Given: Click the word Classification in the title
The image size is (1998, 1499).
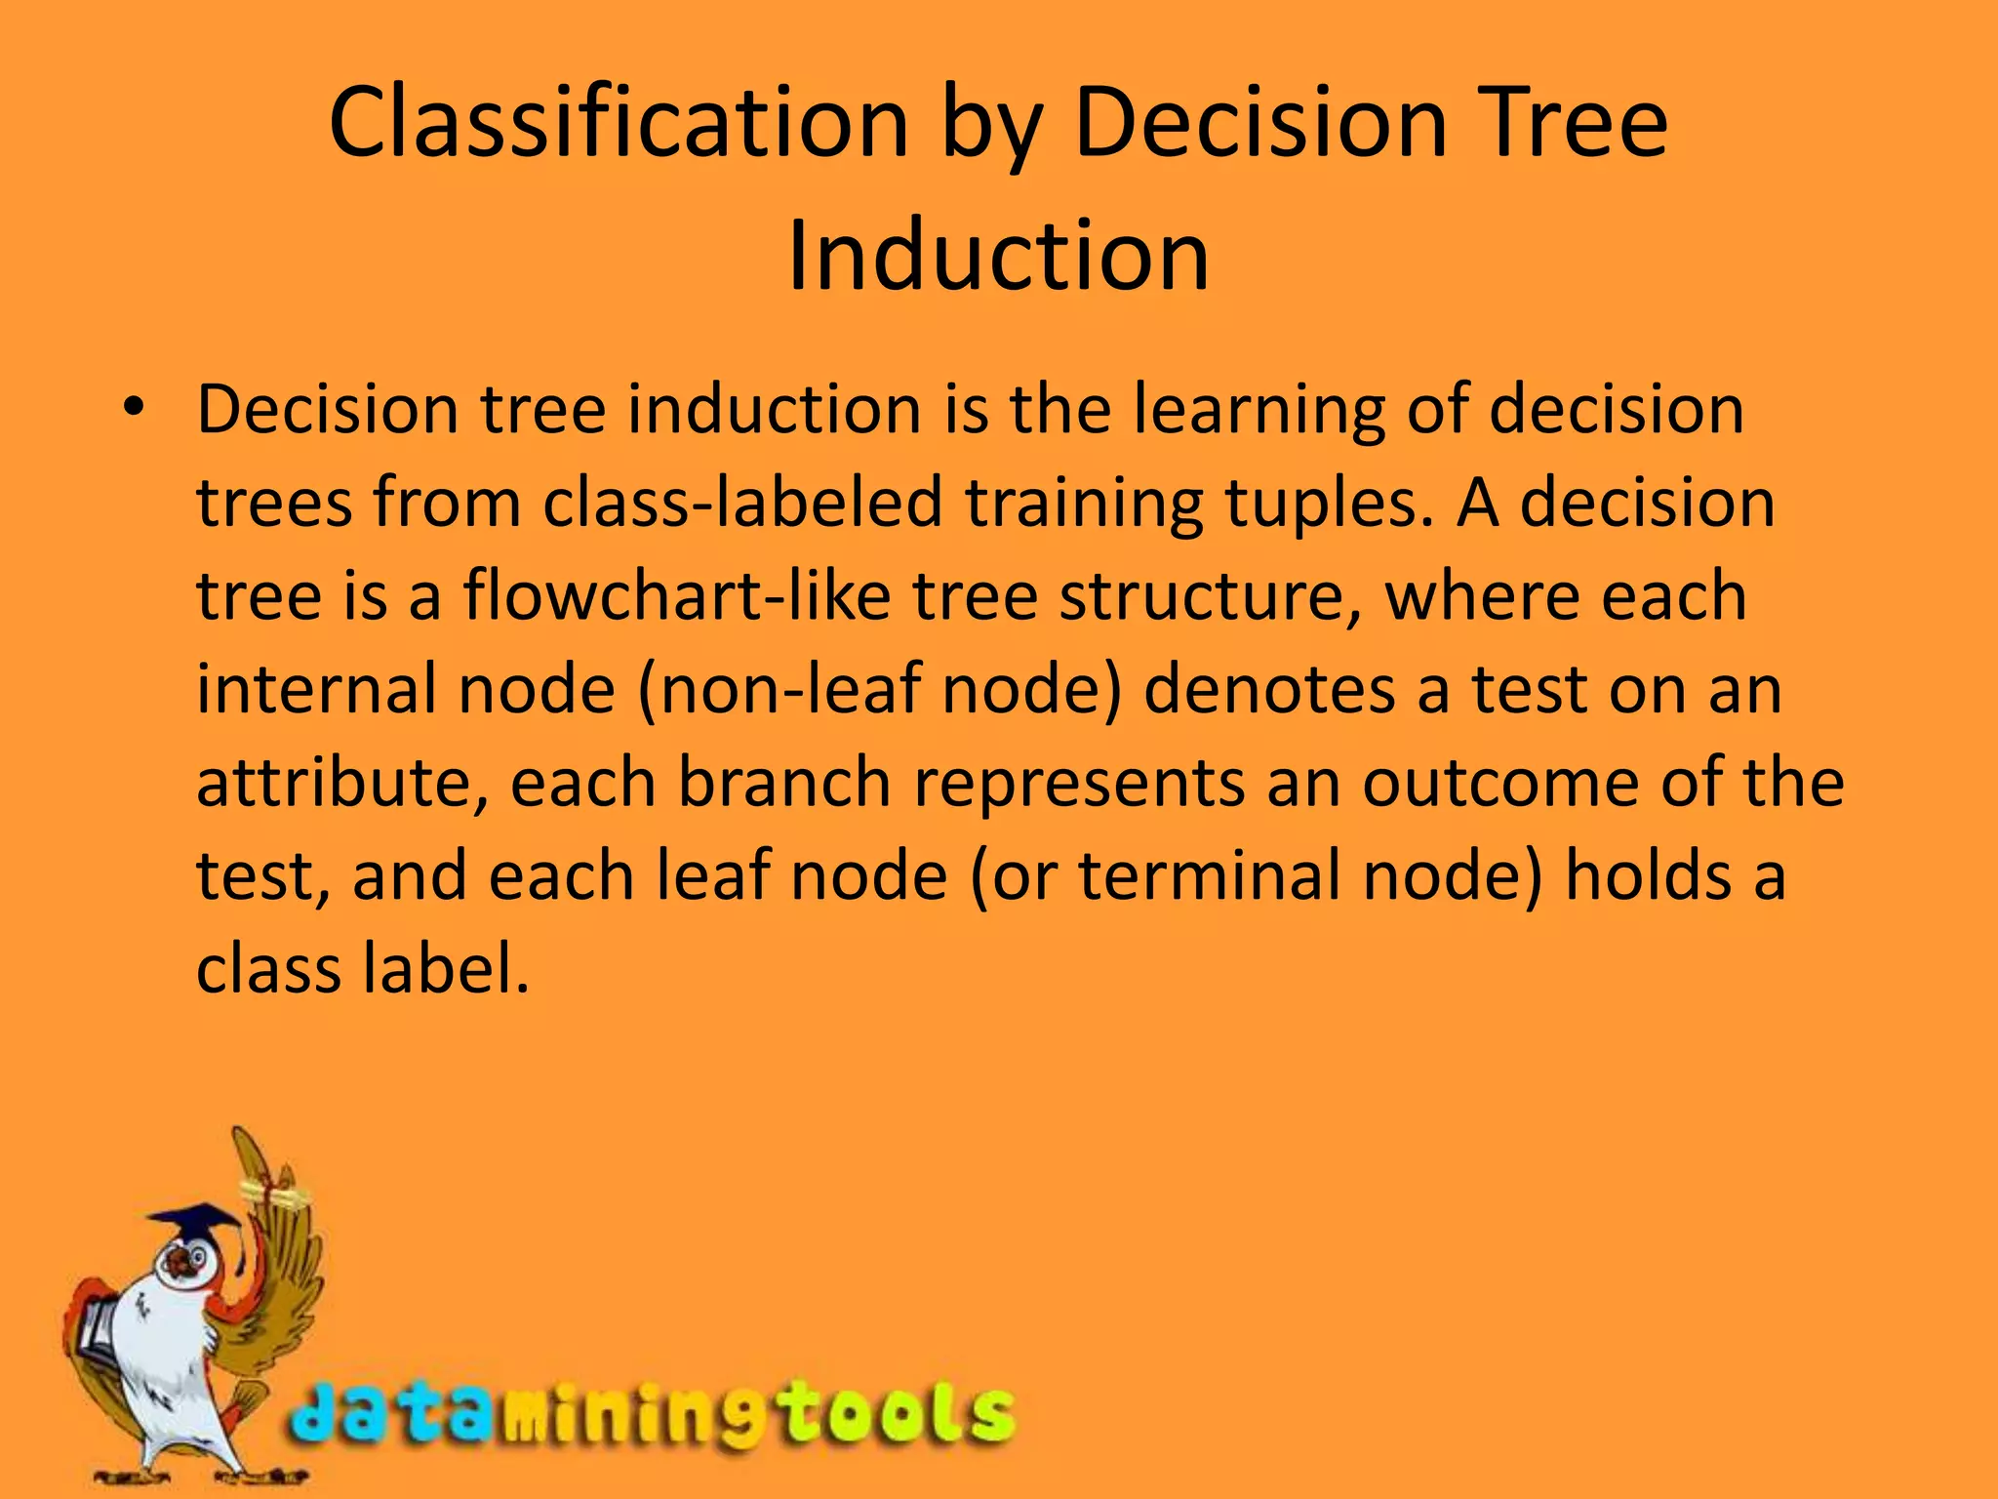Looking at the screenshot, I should (619, 124).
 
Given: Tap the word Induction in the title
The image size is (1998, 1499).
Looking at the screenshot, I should (998, 256).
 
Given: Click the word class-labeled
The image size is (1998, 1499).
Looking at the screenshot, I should (742, 504).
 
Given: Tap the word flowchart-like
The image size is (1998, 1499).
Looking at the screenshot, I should (676, 596).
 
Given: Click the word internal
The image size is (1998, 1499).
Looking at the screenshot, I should (315, 689).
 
